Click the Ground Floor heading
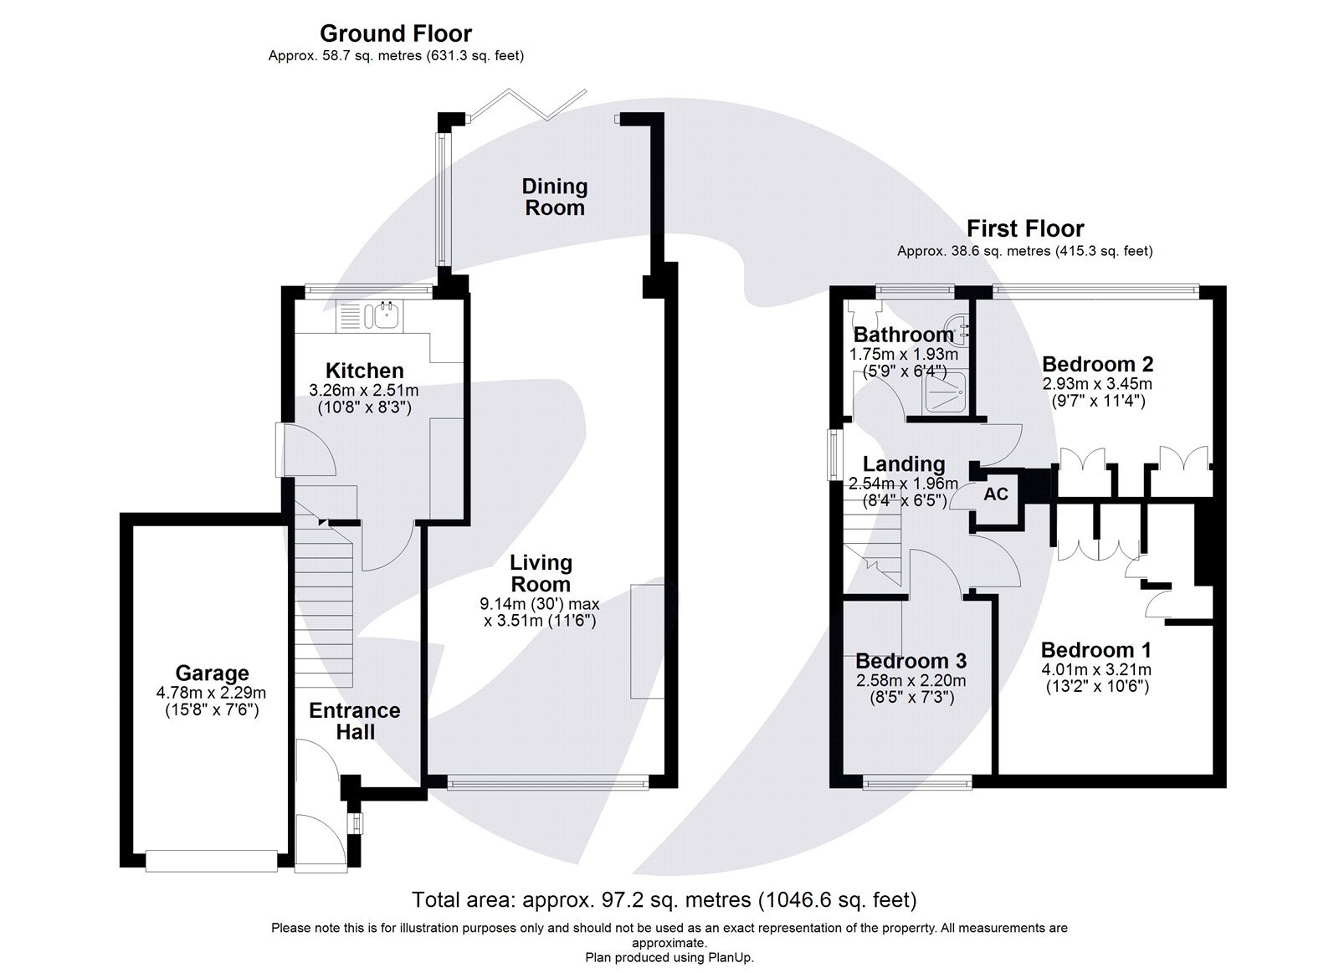tap(396, 33)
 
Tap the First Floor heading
tap(1024, 228)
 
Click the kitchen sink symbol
tap(387, 316)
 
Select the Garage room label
tap(212, 673)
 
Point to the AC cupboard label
tap(995, 494)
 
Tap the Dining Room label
tap(554, 197)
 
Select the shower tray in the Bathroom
tap(947, 391)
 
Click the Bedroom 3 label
tap(911, 660)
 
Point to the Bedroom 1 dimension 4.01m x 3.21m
tap(1095, 669)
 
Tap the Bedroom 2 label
tap(1097, 364)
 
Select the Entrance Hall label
tap(354, 720)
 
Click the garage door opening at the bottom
tap(211, 860)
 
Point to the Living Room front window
tap(547, 783)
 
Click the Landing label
tap(903, 464)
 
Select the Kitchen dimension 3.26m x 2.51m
tap(363, 390)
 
